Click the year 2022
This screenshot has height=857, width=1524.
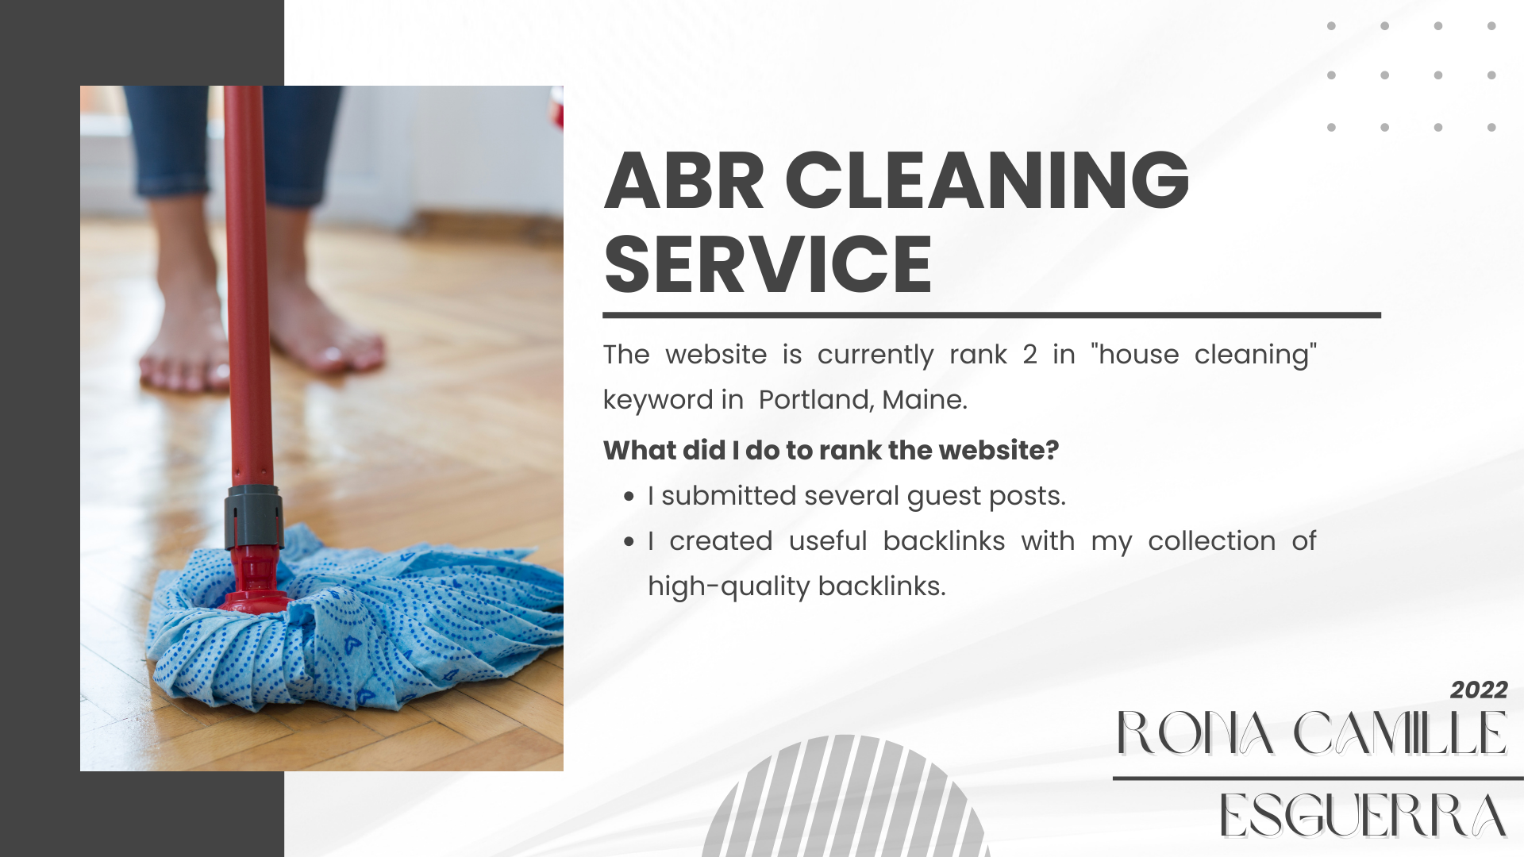coord(1479,690)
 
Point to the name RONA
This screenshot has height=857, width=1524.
coord(1195,733)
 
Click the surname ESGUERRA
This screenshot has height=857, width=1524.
coord(1363,815)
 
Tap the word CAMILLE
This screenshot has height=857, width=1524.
coord(1400,733)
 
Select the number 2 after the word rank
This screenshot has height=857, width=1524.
coord(1029,355)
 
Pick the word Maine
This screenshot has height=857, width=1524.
coord(925,399)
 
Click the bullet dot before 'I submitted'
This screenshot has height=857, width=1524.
coord(629,498)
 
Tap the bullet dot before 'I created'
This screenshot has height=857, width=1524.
coord(629,543)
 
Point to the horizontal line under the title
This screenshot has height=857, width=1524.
coord(992,315)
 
